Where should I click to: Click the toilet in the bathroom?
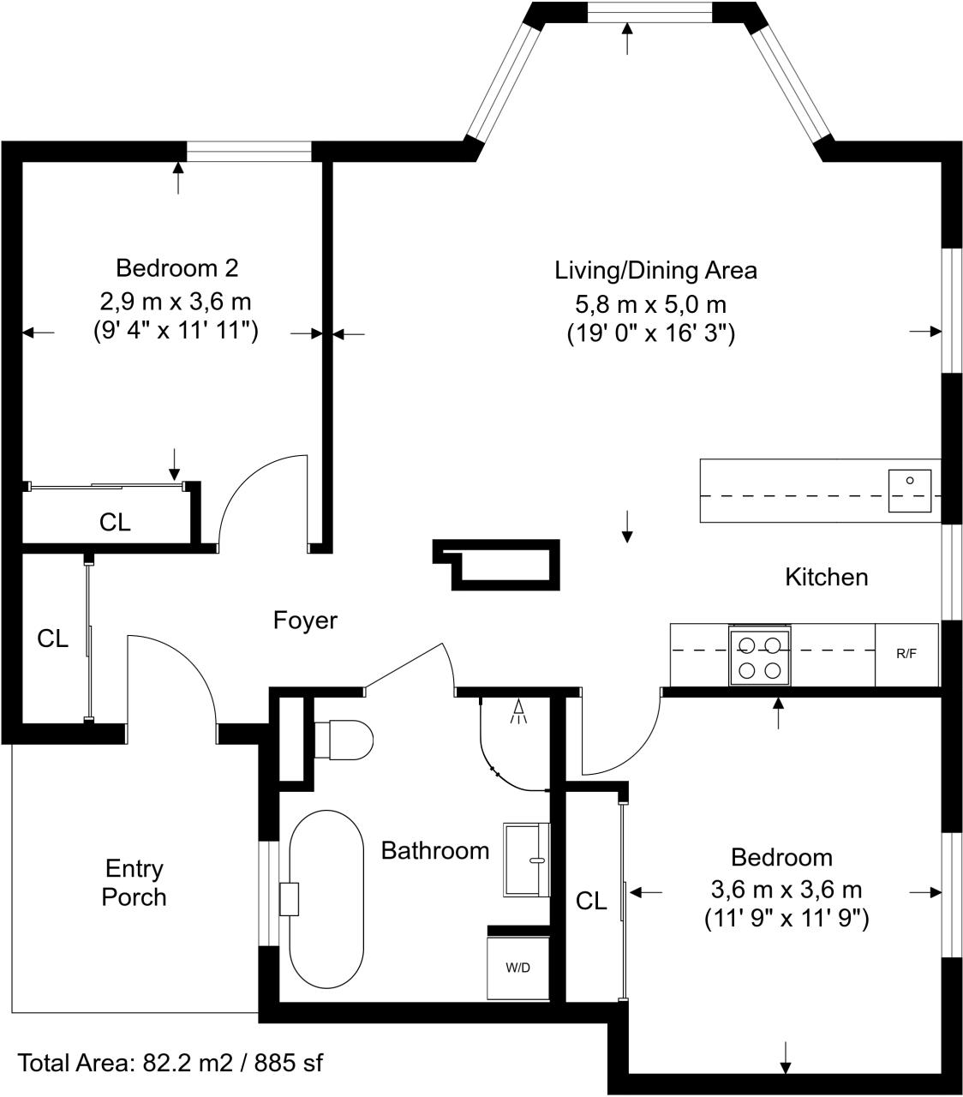coord(344,739)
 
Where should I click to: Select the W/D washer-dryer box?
coord(517,968)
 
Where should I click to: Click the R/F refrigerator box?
coord(906,654)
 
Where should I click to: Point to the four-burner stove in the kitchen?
coord(760,656)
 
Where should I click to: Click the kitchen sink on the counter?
coord(909,490)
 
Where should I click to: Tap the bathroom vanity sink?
coord(526,859)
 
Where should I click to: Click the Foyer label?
coord(305,620)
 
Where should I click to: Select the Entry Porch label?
coord(135,883)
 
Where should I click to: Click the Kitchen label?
coord(826,577)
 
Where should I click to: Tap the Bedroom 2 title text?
coord(176,268)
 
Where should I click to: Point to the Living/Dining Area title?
coord(655,271)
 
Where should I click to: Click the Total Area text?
coord(170,1064)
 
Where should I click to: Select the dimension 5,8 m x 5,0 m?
coord(650,303)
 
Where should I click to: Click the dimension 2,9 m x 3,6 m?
coord(176,302)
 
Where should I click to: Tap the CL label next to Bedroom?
coord(591,901)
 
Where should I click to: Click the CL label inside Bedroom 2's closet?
coord(115,522)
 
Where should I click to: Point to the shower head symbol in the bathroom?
coord(518,711)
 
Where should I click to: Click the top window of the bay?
coord(649,11)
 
